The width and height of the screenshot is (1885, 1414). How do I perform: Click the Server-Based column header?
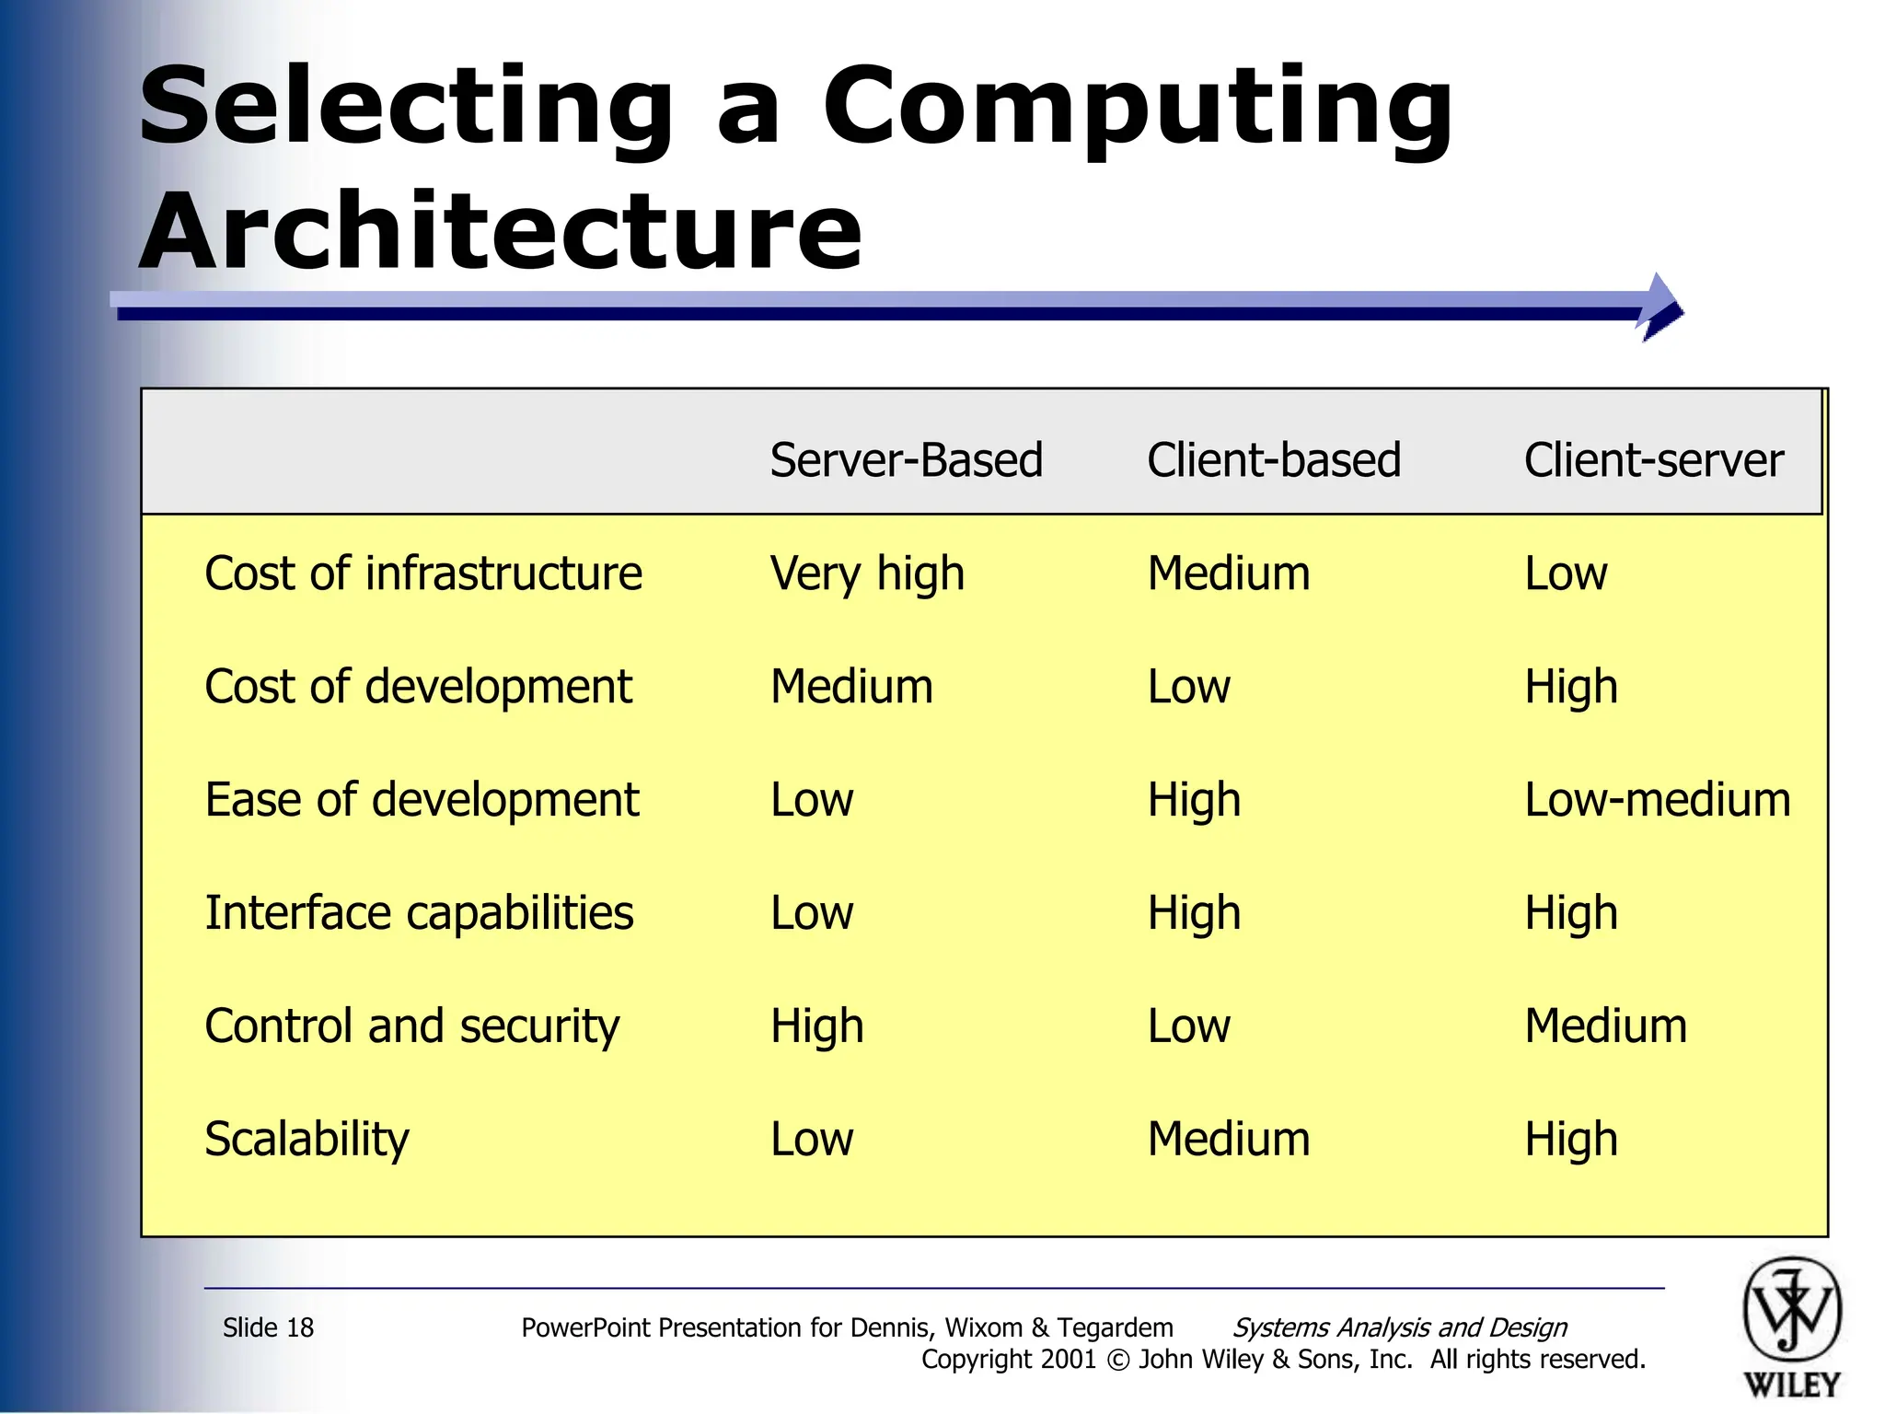coord(906,460)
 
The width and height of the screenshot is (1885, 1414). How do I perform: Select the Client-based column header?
coord(1273,460)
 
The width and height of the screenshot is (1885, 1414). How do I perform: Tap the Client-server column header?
coord(1653,460)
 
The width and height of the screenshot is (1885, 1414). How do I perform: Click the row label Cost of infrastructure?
coord(423,574)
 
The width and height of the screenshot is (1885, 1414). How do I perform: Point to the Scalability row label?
coord(306,1140)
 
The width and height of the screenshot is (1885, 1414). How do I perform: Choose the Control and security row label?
coord(412,1026)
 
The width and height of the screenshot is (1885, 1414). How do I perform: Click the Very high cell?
coord(867,574)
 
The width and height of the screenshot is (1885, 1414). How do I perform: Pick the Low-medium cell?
coord(1658,800)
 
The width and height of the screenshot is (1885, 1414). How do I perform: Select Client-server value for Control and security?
coord(1605,1026)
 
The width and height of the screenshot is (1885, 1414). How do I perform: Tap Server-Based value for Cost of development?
coord(851,687)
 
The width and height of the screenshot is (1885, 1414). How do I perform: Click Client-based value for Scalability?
coord(1228,1140)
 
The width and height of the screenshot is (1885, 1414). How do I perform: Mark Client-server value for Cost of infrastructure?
coord(1566,574)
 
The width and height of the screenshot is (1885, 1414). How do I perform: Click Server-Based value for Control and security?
coord(816,1026)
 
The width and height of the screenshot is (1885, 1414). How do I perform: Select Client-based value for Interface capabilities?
coord(1194,913)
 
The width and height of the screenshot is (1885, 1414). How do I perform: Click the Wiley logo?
coord(1791,1326)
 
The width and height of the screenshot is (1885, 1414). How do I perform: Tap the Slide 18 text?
coord(268,1327)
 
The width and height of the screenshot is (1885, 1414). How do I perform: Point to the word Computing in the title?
coord(1137,109)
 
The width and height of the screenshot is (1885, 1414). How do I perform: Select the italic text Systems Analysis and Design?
coord(1399,1327)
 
